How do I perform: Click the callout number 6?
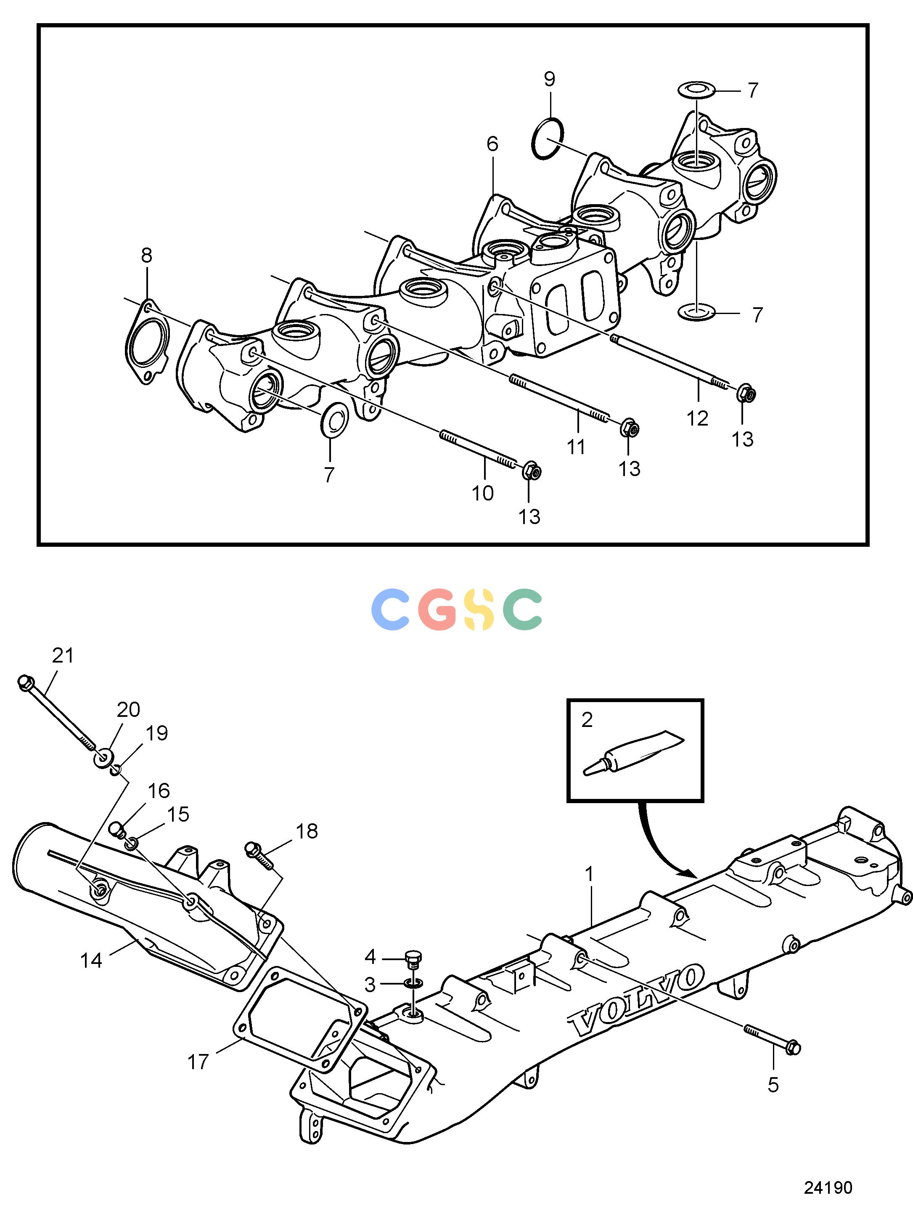492,144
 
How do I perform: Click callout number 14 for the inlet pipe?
91,961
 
